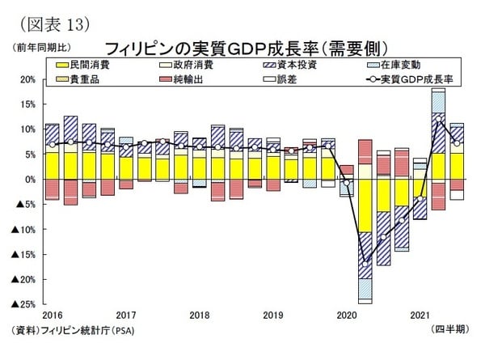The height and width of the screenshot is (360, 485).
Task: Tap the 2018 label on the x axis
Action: coord(199,315)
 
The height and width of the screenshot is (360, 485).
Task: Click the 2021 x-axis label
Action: coord(420,315)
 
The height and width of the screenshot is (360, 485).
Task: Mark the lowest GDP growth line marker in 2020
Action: coord(365,263)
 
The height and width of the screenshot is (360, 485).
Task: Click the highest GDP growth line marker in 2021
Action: coord(438,119)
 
